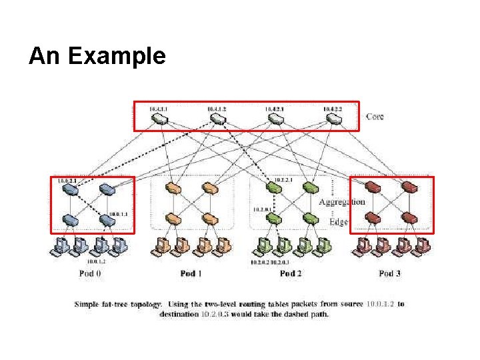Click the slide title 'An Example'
(97, 57)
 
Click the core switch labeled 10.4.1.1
(160, 119)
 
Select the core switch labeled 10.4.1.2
(218, 119)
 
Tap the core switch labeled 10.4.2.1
(275, 119)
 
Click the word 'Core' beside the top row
(375, 117)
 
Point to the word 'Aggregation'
(342, 201)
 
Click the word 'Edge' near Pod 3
(339, 221)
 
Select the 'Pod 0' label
(90, 273)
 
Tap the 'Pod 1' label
(191, 273)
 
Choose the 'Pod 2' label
(287, 273)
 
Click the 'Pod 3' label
(390, 273)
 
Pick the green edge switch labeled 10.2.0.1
(275, 219)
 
